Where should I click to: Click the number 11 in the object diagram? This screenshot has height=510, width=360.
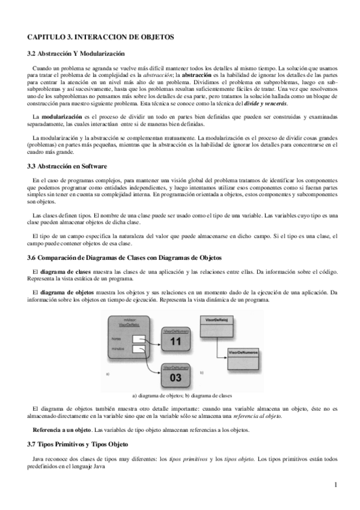coord(175,342)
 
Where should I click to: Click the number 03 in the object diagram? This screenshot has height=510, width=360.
coord(175,378)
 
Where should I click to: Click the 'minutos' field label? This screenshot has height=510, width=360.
coord(117,349)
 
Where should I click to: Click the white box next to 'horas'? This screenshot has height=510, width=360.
coord(138,339)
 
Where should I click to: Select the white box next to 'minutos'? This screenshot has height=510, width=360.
coord(138,349)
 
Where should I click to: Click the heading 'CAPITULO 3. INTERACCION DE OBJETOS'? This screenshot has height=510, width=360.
coord(100,37)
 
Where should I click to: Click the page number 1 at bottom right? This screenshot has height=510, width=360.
coord(335,485)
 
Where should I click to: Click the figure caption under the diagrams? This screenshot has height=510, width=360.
coord(182,396)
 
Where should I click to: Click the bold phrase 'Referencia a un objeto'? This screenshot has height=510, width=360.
coord(61,429)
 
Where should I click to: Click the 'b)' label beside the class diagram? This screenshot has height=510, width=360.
coord(202,373)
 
